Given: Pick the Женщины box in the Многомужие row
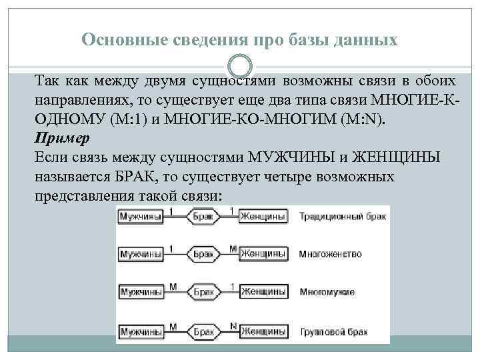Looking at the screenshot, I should (x=263, y=292).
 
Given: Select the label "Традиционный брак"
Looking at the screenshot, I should (x=342, y=217).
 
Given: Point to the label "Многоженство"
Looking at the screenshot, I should (x=331, y=255).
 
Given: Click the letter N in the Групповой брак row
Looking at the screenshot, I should (x=233, y=325).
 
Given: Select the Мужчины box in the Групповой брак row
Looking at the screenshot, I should (x=141, y=330).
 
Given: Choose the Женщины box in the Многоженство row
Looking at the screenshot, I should (x=263, y=255).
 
